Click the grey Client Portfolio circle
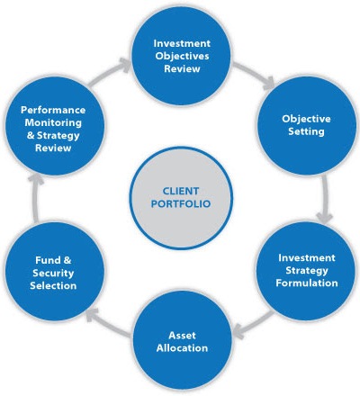[181, 198]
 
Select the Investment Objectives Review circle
[182, 56]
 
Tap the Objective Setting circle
[307, 125]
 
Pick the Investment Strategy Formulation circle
[306, 270]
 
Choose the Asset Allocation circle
[182, 341]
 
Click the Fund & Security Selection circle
[54, 273]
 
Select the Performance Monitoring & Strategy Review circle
[54, 126]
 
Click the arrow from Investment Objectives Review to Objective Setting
[254, 75]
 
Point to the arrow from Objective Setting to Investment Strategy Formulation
[326, 200]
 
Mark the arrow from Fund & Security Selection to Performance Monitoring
[36, 198]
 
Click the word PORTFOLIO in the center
[181, 204]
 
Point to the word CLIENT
[181, 191]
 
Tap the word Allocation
[182, 348]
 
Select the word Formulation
[307, 283]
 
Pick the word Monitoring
[53, 122]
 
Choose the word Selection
[53, 285]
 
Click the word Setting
[306, 131]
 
